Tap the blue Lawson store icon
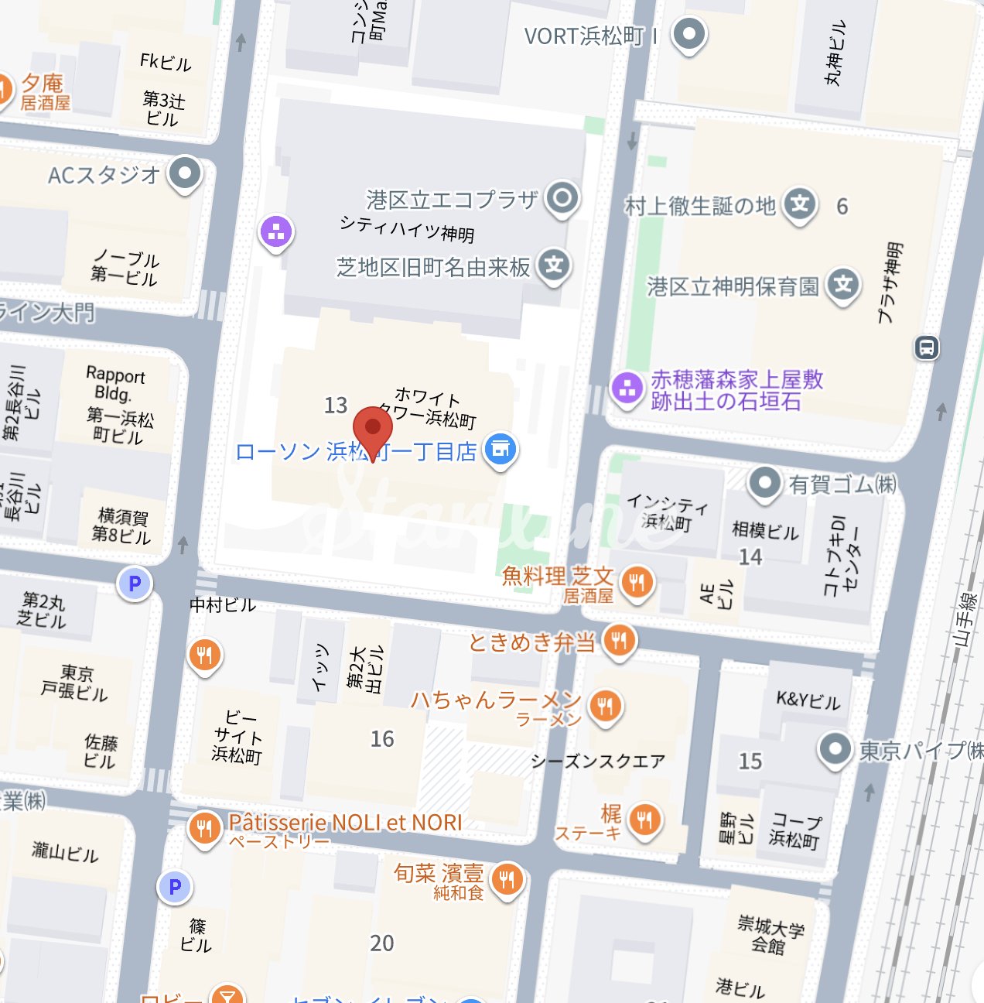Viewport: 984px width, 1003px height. (501, 449)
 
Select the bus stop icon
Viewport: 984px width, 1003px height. (927, 347)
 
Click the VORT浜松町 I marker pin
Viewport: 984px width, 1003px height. (688, 34)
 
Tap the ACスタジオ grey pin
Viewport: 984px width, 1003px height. (185, 173)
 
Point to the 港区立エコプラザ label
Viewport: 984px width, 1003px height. (452, 200)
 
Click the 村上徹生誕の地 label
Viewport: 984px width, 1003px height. (699, 206)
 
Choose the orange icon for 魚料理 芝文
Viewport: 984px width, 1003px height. (637, 581)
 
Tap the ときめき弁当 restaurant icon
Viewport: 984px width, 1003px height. (619, 641)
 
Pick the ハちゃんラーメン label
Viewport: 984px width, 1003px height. (495, 700)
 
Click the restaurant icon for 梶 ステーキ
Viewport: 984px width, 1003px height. (644, 819)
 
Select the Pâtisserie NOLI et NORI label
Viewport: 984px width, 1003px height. (345, 823)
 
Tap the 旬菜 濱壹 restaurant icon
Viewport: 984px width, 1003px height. (507, 879)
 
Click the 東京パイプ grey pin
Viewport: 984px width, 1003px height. (835, 748)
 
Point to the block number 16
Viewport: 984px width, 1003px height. (382, 739)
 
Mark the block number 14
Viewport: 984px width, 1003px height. (750, 557)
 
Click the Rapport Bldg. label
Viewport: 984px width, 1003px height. (115, 384)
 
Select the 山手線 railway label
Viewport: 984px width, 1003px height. (965, 619)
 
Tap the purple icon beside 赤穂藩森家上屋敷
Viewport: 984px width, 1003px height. (627, 387)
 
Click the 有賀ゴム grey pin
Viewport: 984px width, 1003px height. (764, 483)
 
